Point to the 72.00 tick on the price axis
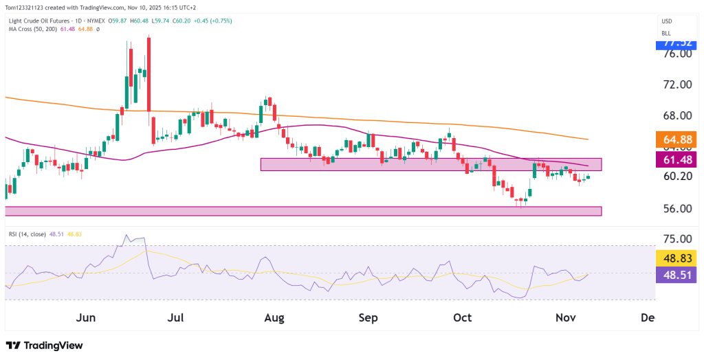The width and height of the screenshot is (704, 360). click(x=676, y=84)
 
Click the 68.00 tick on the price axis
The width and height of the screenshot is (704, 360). click(x=676, y=115)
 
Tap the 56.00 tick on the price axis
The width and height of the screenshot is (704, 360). click(x=676, y=208)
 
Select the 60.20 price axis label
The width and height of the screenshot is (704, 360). click(x=676, y=176)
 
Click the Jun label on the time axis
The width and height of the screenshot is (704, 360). click(x=86, y=317)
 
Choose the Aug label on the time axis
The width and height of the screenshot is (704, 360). click(x=274, y=317)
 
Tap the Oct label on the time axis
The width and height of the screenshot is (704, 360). click(x=462, y=317)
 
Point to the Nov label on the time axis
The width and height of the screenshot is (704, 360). click(x=565, y=317)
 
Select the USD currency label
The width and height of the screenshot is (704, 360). click(x=666, y=21)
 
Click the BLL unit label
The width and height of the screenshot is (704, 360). click(x=665, y=33)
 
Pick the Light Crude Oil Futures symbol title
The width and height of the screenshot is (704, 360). click(x=41, y=21)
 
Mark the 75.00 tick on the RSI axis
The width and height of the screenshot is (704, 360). click(x=676, y=239)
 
